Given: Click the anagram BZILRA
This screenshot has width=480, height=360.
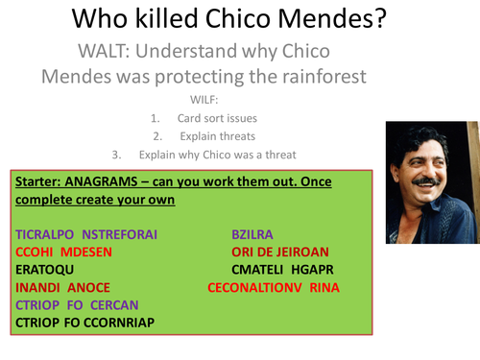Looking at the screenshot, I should tap(252, 234).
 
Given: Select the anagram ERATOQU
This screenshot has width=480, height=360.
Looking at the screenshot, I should tap(45, 270).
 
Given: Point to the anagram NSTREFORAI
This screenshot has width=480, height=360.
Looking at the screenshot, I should tap(120, 234).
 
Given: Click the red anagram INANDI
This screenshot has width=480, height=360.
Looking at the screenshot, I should tap(39, 287).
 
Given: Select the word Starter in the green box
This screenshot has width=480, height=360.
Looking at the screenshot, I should tap(41, 181).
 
